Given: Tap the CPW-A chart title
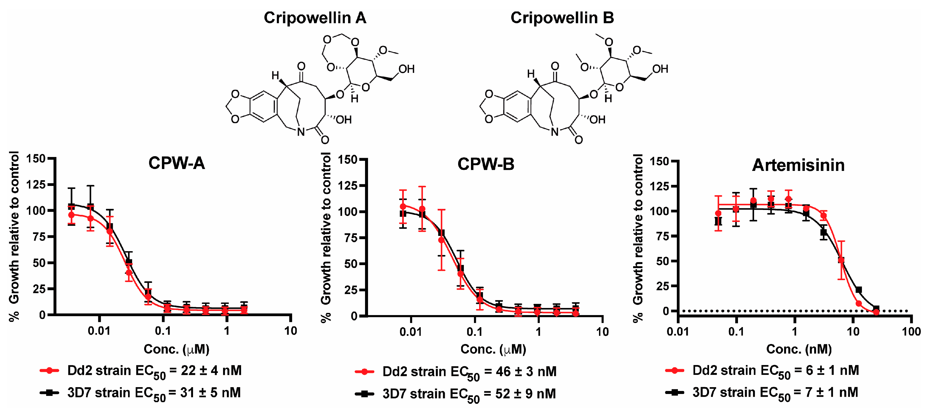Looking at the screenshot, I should (177, 164).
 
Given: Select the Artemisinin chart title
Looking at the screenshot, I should (798, 165).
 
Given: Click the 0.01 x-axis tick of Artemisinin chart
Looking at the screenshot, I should (678, 331).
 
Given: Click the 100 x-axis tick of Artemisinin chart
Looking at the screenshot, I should (911, 331).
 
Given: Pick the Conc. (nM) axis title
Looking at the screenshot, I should (799, 349).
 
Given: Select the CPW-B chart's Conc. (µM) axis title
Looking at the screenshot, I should (493, 349).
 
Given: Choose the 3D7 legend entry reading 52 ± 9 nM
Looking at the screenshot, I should (469, 394).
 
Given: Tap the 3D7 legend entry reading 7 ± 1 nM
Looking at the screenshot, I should (775, 393).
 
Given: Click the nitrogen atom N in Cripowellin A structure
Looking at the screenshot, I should (301, 132).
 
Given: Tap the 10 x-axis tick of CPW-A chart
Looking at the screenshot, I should (290, 331).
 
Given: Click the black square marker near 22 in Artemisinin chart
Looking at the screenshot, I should (858, 290).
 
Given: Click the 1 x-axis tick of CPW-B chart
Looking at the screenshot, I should (538, 332).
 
